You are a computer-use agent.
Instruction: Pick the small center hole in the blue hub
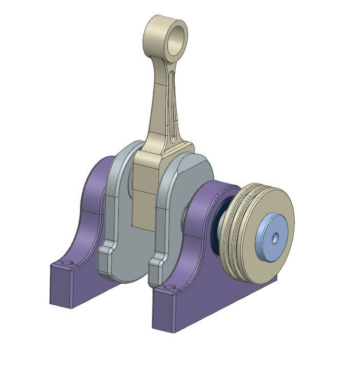pyautogui.click(x=275, y=237)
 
